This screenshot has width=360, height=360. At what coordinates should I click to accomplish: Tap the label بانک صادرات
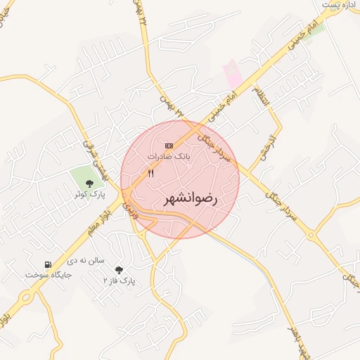pyautogui.click(x=169, y=155)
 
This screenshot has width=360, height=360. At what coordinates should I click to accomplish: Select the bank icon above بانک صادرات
pyautogui.click(x=168, y=146)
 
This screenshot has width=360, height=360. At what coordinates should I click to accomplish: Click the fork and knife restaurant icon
pyautogui.click(x=150, y=173)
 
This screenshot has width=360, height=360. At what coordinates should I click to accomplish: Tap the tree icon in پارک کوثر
pyautogui.click(x=89, y=184)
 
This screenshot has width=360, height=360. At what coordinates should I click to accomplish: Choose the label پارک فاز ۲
pyautogui.click(x=118, y=281)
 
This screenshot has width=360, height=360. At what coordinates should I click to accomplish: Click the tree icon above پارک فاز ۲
pyautogui.click(x=118, y=270)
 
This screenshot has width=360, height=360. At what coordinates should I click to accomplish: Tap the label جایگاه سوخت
pyautogui.click(x=49, y=274)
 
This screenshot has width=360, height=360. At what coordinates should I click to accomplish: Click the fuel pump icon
pyautogui.click(x=47, y=264)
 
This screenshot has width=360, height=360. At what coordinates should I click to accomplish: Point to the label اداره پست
pyautogui.click(x=340, y=5)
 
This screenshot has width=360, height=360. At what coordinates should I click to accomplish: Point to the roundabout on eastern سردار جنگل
pyautogui.click(x=309, y=234)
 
